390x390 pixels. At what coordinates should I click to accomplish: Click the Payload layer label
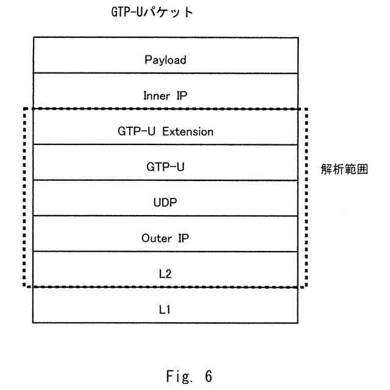[x=166, y=61]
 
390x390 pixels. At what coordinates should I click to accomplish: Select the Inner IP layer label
[x=166, y=96]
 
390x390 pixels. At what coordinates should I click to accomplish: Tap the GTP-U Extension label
[x=166, y=131]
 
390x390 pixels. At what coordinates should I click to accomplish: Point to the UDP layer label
[x=166, y=202]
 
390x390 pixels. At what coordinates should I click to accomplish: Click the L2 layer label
[x=166, y=272]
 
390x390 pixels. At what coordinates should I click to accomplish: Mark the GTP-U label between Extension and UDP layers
[x=166, y=166]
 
